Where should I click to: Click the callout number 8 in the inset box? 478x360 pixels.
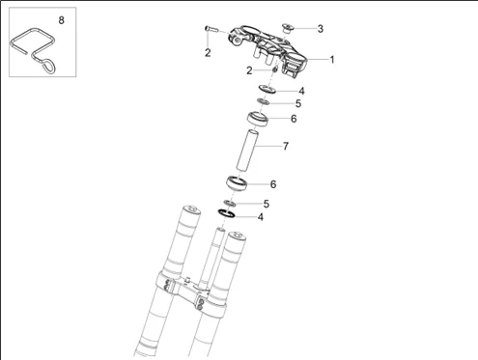click(61, 20)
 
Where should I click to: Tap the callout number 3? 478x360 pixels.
click(320, 29)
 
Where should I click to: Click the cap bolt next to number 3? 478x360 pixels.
click(288, 28)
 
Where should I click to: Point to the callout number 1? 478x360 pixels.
click(332, 60)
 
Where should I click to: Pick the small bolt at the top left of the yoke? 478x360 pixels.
click(211, 29)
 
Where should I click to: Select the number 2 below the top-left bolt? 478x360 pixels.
click(208, 53)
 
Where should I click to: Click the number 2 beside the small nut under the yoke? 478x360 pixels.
click(249, 70)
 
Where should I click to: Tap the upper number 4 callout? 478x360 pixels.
click(301, 91)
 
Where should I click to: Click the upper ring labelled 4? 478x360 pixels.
click(267, 89)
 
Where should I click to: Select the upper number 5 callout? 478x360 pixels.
click(298, 103)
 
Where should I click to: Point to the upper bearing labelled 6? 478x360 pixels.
click(258, 119)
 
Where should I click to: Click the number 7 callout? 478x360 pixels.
click(285, 147)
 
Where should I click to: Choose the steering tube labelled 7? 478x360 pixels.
click(247, 150)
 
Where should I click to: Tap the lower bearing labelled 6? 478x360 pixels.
click(237, 183)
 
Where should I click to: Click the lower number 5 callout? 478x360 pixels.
click(266, 204)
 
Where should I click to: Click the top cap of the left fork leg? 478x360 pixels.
click(192, 209)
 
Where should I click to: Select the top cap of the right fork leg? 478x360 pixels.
click(237, 236)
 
